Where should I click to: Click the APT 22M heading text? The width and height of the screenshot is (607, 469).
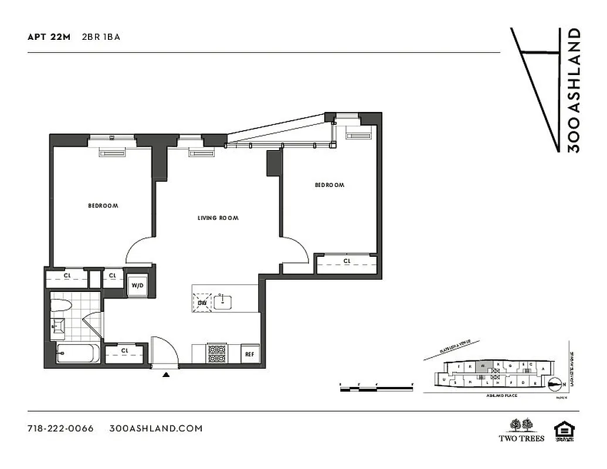[x=49, y=36]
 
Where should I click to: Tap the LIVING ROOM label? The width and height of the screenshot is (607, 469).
[x=218, y=218]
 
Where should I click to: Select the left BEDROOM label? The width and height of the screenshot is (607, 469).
[x=103, y=206]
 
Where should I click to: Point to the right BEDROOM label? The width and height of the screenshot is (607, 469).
[x=329, y=185]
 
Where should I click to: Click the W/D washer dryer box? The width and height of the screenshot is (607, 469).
[x=137, y=286]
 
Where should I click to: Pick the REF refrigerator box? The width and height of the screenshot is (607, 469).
[x=250, y=354]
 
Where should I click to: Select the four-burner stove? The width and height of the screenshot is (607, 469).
[x=217, y=354]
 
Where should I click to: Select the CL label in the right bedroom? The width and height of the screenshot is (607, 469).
[x=347, y=261]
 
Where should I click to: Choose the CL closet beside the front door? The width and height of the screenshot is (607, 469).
[x=124, y=351]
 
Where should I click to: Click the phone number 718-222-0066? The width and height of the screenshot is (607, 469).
[x=60, y=428]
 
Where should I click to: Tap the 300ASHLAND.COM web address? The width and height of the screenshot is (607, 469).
[x=156, y=428]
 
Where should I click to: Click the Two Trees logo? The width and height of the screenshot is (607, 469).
[x=521, y=430]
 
